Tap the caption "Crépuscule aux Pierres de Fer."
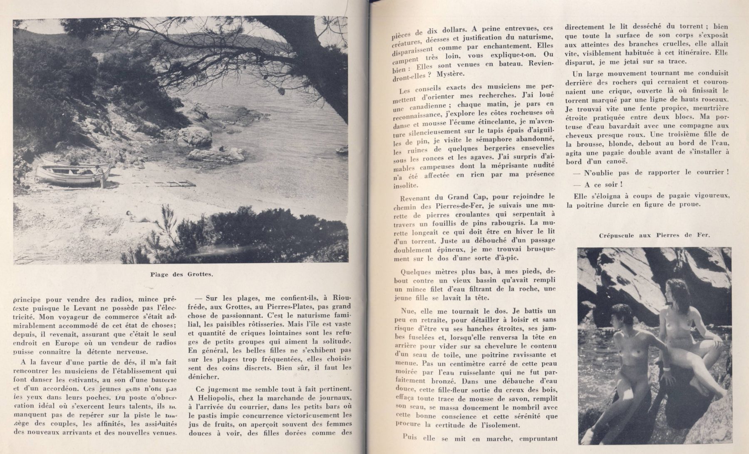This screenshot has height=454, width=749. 655,235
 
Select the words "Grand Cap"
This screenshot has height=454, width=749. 465,196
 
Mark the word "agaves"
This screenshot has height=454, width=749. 484,158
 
